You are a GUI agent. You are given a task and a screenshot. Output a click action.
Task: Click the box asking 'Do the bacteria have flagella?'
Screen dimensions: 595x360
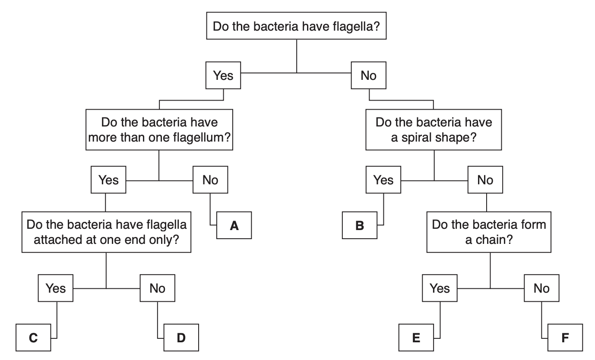point(296,26)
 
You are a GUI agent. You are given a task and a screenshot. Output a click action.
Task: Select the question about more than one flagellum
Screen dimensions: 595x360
point(159,129)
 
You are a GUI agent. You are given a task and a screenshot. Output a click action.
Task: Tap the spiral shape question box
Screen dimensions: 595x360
point(434,129)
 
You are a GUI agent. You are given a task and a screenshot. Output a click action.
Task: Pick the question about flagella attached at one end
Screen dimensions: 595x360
point(106,232)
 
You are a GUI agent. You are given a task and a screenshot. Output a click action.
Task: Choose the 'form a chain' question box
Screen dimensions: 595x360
point(489,232)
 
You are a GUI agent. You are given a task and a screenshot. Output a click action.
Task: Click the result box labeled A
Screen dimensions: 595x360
point(234,225)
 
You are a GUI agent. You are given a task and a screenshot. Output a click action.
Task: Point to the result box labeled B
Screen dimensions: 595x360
point(359,225)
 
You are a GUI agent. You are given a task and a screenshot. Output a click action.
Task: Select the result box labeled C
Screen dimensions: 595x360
point(33,338)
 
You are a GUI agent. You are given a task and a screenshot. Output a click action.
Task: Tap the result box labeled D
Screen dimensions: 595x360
point(181,338)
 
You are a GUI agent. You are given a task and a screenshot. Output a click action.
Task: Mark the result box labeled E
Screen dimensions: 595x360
point(416,338)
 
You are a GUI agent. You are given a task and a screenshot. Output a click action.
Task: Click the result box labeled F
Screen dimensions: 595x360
point(565,338)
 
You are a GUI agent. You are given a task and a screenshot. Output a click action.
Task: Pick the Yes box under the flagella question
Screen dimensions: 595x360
point(223,76)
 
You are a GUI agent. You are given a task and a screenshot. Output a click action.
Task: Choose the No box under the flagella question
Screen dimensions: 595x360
point(368,76)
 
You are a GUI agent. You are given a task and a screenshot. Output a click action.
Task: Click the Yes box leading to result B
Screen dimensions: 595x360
point(383,180)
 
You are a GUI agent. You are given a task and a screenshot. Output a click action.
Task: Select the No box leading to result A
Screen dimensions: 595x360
point(210,180)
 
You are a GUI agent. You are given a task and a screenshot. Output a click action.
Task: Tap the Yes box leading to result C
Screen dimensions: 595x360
point(56,288)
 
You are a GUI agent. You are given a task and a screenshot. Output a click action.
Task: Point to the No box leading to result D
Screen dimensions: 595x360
point(157,288)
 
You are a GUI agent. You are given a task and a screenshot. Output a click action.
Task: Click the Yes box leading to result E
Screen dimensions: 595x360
point(440,288)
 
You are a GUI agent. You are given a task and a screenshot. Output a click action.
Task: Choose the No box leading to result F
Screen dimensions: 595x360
point(541,288)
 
